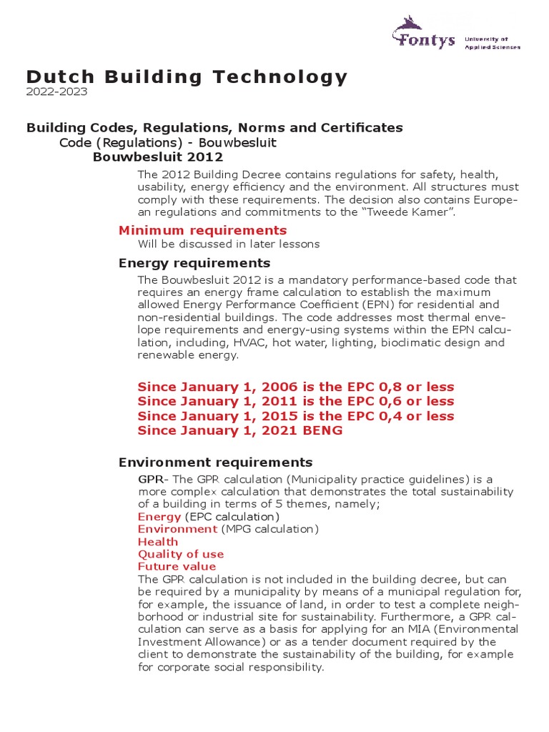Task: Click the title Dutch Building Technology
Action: tap(187, 76)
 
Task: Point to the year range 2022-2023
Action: tap(57, 91)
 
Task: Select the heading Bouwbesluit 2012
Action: tap(158, 157)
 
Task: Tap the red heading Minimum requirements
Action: tap(202, 229)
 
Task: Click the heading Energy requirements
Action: tap(194, 263)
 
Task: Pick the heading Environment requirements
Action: tap(215, 462)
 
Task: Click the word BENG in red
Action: tap(323, 430)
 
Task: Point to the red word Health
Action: tap(158, 541)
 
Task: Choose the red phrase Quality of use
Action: tap(181, 554)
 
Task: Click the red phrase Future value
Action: tap(177, 566)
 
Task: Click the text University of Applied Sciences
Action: tap(493, 43)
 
